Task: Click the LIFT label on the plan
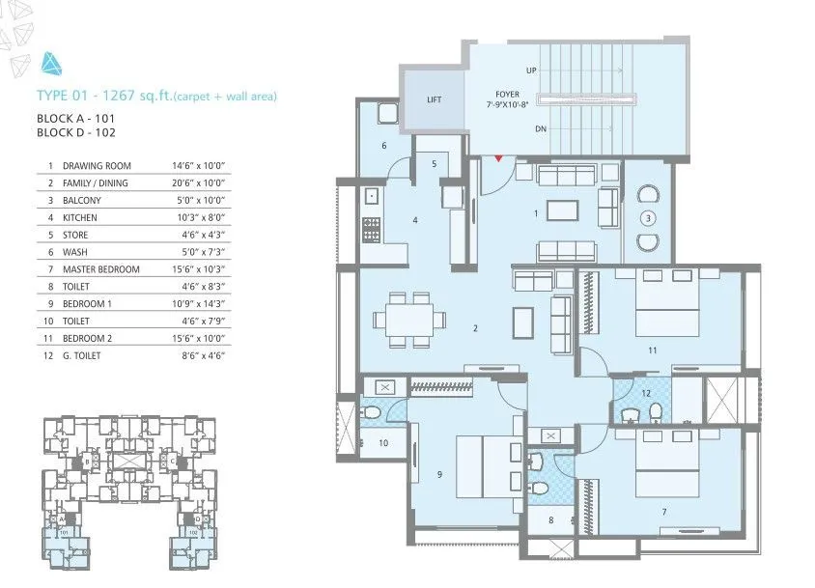click(434, 99)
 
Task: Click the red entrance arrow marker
click(498, 157)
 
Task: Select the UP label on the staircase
click(531, 70)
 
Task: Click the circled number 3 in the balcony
click(649, 216)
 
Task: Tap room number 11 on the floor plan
click(653, 350)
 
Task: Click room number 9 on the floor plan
click(439, 474)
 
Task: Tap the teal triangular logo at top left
click(51, 65)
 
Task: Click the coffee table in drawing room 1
click(561, 210)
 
